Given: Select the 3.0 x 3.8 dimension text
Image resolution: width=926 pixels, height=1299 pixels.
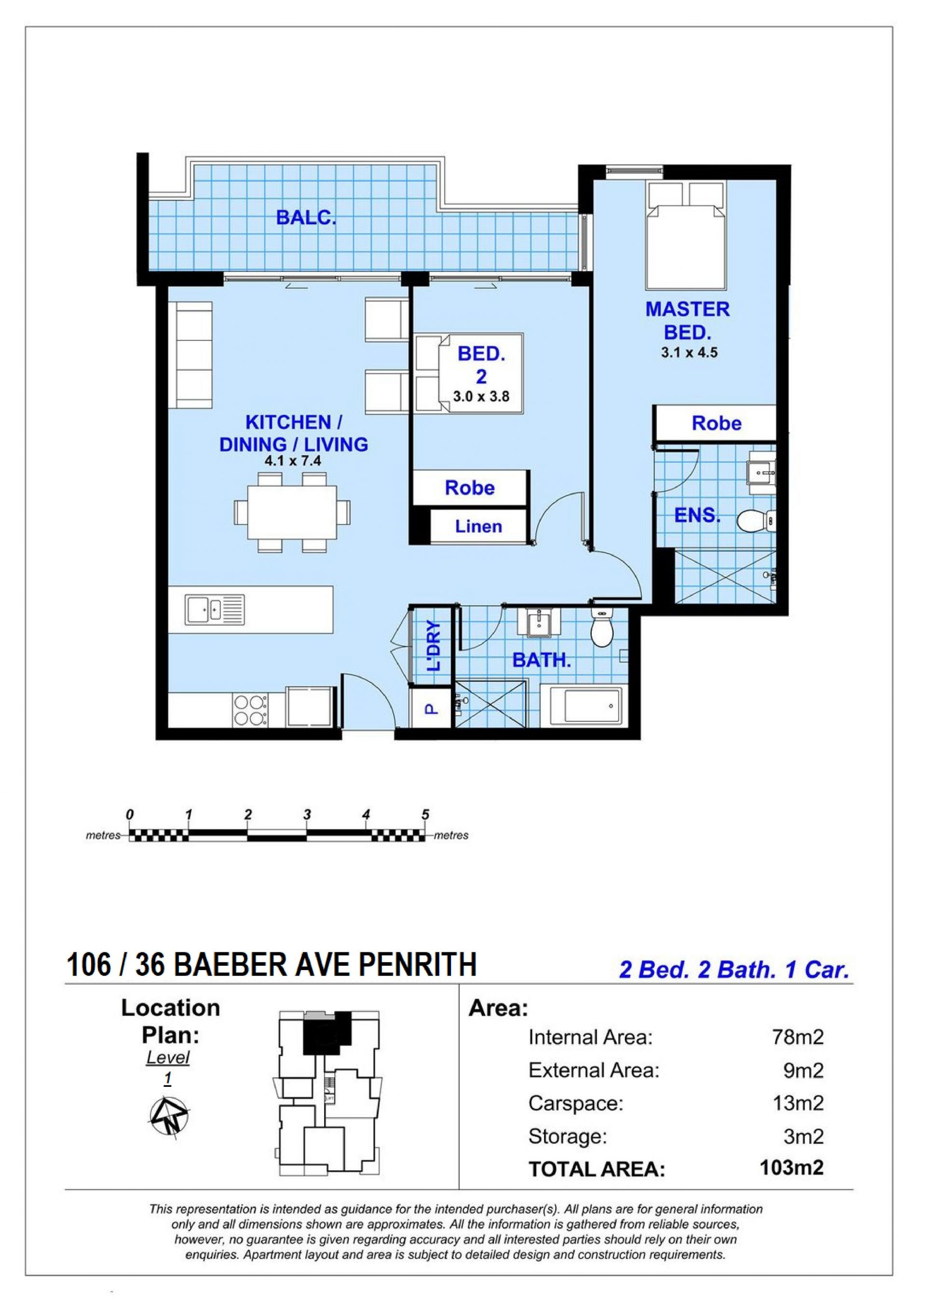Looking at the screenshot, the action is click(481, 396).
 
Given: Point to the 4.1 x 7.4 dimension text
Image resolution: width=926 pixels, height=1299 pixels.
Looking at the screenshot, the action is click(293, 460).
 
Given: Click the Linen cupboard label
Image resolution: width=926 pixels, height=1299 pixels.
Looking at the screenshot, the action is click(478, 526).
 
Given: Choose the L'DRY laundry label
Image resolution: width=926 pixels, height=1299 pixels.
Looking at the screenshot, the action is click(434, 646).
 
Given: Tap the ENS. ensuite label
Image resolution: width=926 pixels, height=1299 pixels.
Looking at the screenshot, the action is click(697, 515).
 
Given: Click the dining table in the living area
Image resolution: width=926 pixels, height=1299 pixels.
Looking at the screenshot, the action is click(292, 512).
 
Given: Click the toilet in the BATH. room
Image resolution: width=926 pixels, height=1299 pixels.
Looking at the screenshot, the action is click(601, 627).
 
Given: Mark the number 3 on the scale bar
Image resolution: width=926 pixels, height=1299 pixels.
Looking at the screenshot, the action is click(307, 814).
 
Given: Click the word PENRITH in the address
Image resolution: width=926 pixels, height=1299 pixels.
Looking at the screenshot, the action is click(417, 964).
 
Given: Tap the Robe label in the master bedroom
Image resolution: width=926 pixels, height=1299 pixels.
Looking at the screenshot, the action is click(716, 423).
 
